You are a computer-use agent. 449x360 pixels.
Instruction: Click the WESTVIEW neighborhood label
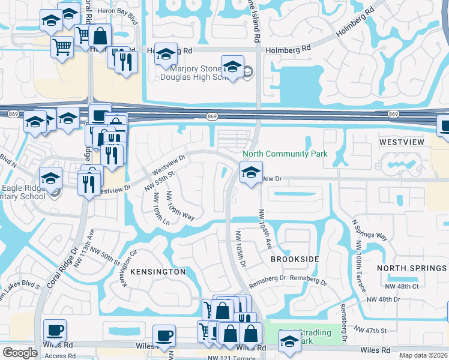click(402, 142)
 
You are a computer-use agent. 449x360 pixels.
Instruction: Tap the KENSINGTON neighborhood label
click(158, 272)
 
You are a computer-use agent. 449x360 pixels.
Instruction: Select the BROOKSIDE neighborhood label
click(294, 259)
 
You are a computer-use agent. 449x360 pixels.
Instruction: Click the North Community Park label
click(285, 154)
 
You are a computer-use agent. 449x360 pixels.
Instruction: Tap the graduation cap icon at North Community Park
click(250, 174)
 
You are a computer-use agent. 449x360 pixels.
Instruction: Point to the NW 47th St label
click(371, 331)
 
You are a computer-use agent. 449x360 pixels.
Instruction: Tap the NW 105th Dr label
click(241, 250)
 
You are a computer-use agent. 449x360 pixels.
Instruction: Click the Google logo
click(20, 353)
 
